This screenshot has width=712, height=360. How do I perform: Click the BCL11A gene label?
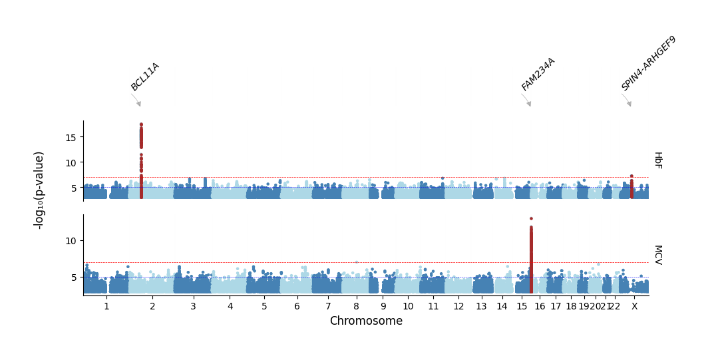145,77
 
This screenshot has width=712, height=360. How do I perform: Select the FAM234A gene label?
538,75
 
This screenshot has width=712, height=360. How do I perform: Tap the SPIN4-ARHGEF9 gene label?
648,64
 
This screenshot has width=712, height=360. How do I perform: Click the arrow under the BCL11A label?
136,100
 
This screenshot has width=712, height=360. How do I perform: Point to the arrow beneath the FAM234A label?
526,100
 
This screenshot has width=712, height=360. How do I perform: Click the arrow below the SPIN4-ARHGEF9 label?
627,100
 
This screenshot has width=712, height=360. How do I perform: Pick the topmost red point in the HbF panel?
141,124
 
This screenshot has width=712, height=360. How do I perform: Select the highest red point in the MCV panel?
531,219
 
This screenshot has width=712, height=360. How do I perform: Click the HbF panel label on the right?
659,160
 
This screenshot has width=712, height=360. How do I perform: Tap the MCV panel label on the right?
659,255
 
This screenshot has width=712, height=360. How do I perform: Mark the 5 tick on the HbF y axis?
75,188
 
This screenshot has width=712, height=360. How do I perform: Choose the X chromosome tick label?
635,306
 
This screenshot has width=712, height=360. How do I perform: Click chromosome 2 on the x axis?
152,306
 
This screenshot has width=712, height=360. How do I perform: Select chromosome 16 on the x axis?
540,306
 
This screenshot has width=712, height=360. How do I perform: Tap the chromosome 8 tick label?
357,306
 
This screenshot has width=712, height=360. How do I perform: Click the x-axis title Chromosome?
366,321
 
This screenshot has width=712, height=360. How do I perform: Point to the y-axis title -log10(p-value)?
39,191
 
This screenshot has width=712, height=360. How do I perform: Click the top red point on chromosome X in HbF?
631,176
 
